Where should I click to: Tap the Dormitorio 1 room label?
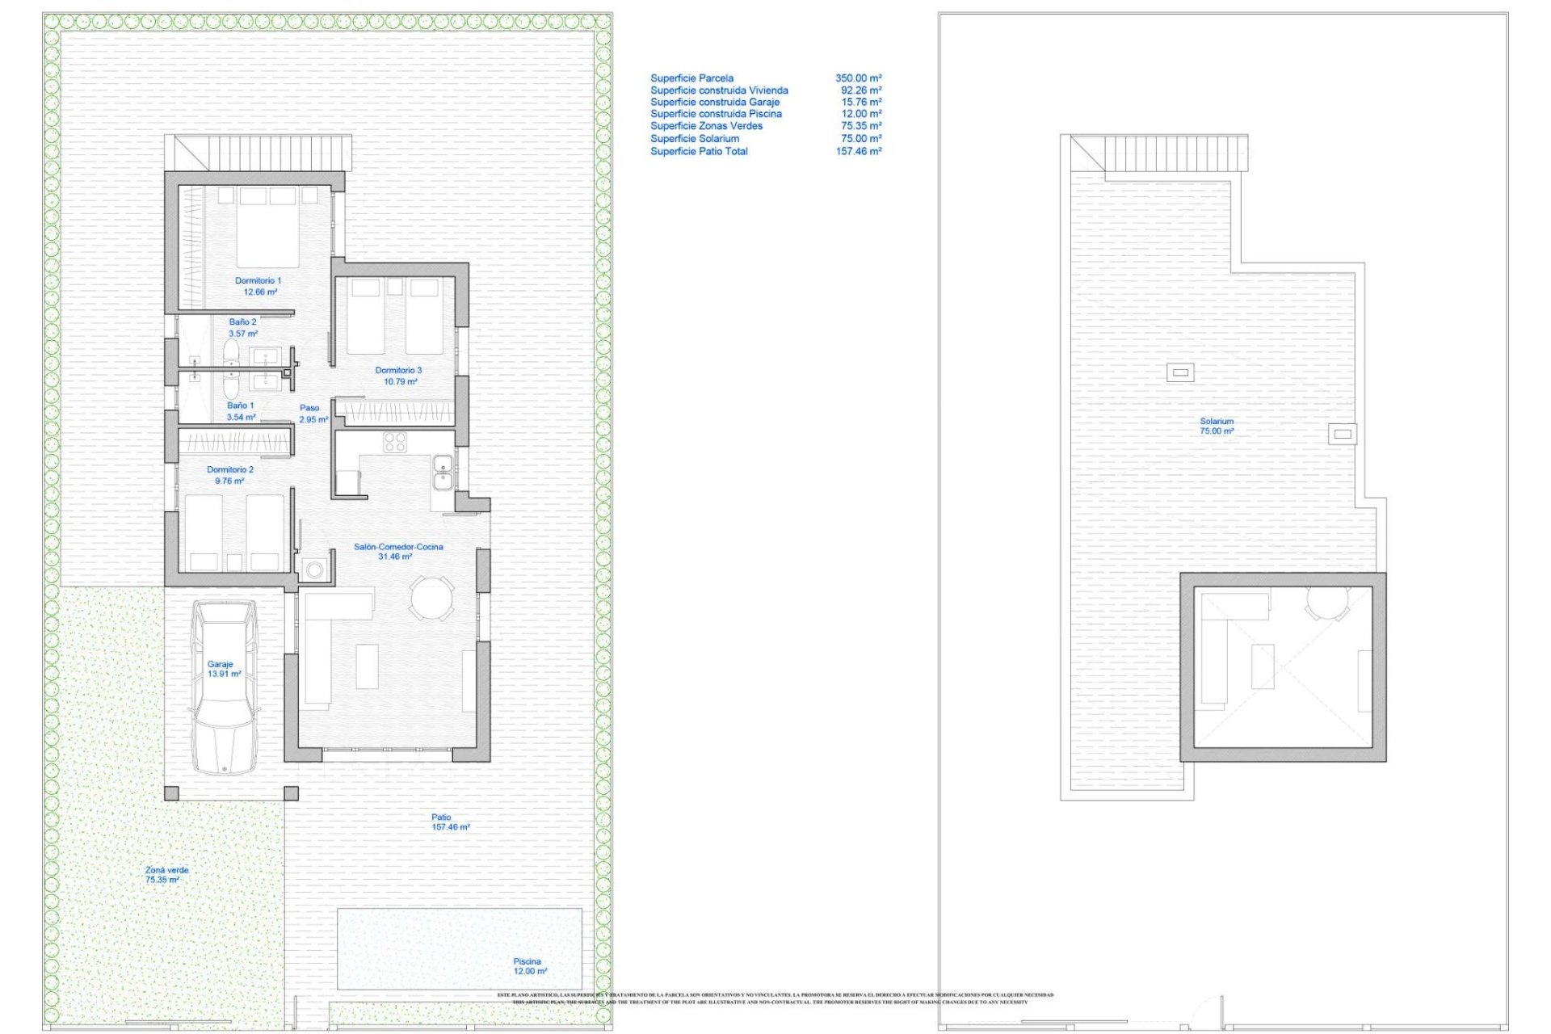[258, 286]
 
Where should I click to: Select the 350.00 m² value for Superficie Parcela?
[858, 78]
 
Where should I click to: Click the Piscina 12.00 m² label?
[529, 966]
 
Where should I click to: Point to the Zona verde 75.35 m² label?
[166, 875]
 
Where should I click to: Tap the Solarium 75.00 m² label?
[1216, 426]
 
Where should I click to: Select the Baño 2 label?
[242, 327]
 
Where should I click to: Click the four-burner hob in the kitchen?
[395, 442]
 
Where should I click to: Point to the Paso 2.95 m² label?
[313, 414]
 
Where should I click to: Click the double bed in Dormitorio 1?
[267, 228]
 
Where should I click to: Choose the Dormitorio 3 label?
[398, 376]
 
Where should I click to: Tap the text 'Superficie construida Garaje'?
[715, 102]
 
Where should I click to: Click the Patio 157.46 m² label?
[449, 822]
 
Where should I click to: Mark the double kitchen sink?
[442, 472]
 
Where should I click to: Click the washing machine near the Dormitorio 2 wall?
[314, 570]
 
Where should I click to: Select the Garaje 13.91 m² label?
[223, 669]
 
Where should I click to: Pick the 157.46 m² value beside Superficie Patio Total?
[858, 151]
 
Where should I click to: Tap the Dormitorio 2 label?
[229, 475]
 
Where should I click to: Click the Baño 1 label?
[241, 411]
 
